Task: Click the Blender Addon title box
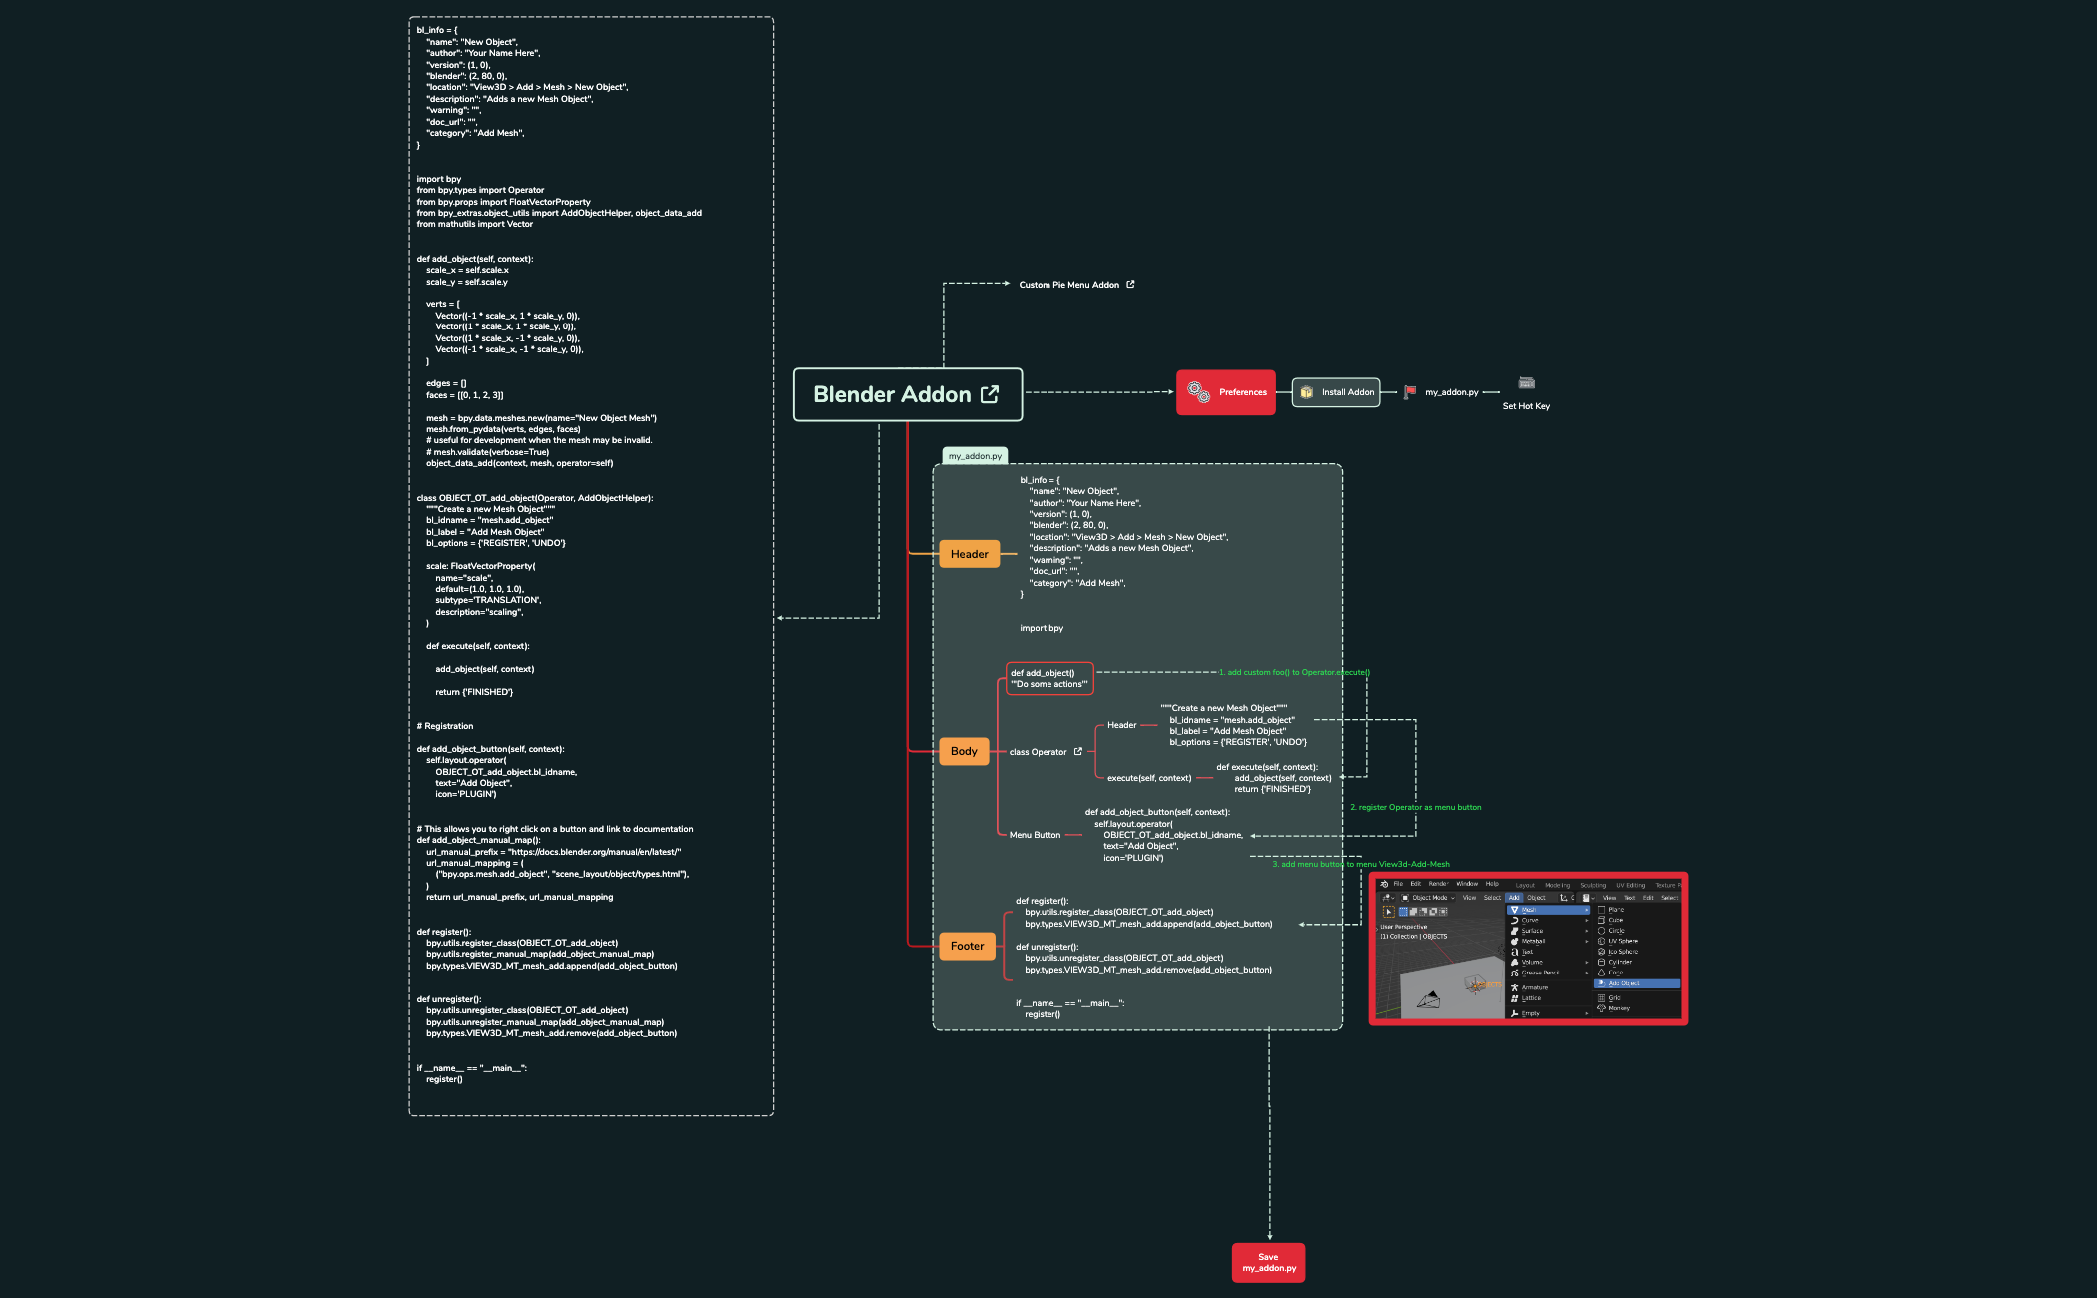point(907,394)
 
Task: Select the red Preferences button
point(1225,392)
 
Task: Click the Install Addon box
point(1336,392)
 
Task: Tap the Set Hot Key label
point(1526,406)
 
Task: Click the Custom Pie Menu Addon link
point(1068,285)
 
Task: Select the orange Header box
point(969,554)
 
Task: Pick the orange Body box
point(964,751)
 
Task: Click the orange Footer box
point(967,946)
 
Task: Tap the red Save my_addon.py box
point(1268,1263)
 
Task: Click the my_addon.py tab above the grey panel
point(975,456)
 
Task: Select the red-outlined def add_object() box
point(1049,679)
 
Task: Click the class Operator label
point(1038,752)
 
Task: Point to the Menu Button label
point(1035,835)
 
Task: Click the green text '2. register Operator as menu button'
point(1415,807)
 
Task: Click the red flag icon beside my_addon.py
point(1409,392)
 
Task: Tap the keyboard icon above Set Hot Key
point(1526,383)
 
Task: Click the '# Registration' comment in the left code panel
point(445,726)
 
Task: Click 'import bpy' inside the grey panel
point(1042,628)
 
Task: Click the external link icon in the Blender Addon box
point(990,394)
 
